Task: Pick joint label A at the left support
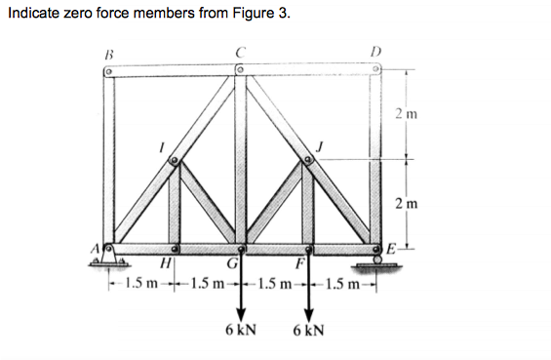click(98, 249)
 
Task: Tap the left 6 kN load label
click(240, 329)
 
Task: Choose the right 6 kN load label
click(308, 329)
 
